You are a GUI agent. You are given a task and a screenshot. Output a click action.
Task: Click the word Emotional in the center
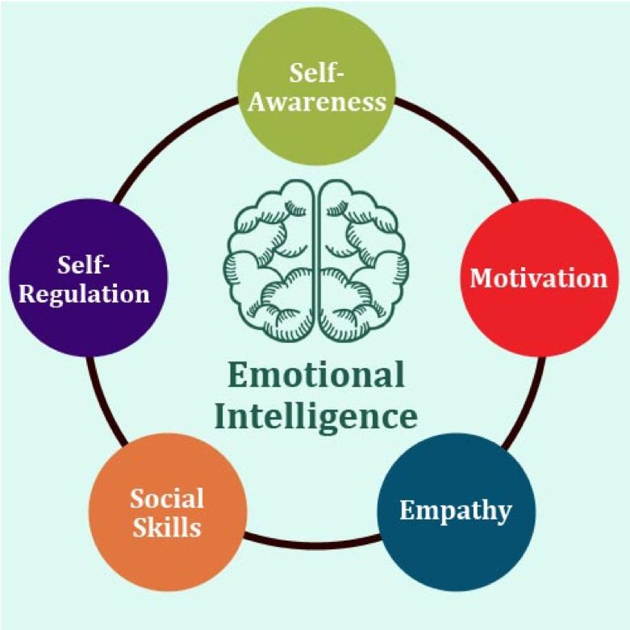point(315,375)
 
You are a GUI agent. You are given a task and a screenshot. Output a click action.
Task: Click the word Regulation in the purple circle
point(84,292)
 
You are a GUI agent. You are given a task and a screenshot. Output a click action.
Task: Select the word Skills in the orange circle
point(167,528)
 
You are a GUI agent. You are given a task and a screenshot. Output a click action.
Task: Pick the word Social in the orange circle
point(167,499)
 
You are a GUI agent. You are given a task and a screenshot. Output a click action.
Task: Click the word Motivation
point(538,278)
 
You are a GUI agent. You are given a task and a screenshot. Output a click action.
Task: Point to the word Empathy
point(457,511)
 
